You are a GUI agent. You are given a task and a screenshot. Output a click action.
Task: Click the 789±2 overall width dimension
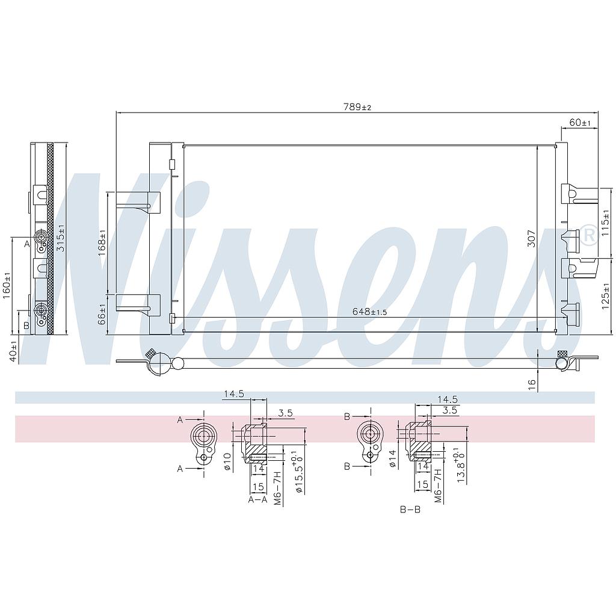point(357,107)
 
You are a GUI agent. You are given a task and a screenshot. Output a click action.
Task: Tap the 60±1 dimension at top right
point(580,122)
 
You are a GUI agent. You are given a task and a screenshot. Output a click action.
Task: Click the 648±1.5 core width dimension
point(369,312)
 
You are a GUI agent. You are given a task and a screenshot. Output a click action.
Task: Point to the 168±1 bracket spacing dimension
point(102,241)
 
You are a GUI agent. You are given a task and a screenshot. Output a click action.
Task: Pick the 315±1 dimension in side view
point(61,239)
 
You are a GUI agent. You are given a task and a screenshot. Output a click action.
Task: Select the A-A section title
point(257,499)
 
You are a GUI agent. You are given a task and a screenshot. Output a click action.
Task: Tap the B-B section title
point(410,510)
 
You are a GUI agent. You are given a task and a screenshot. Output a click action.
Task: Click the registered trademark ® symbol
point(589,234)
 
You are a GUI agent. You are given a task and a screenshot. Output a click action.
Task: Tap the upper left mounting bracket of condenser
point(138,201)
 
